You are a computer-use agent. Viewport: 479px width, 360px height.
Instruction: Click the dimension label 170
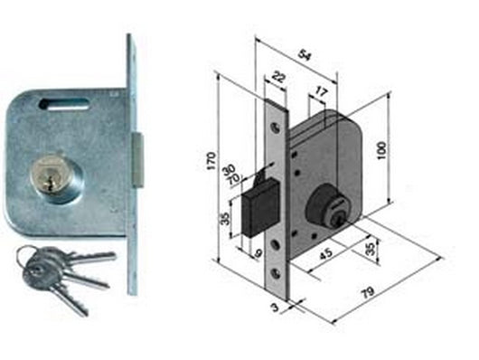pyautogui.click(x=211, y=160)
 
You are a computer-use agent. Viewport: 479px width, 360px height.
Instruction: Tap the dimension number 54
pyautogui.click(x=305, y=56)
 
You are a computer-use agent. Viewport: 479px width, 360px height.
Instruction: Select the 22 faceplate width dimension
pyautogui.click(x=277, y=77)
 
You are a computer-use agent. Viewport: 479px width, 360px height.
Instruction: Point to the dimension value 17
pyautogui.click(x=322, y=91)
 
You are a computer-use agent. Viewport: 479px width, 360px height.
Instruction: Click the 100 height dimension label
pyautogui.click(x=381, y=150)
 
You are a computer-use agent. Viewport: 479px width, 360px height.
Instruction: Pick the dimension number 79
pyautogui.click(x=368, y=292)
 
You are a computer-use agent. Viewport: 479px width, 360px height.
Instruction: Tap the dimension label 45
pyautogui.click(x=325, y=253)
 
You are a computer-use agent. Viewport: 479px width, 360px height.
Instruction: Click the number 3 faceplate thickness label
pyautogui.click(x=276, y=308)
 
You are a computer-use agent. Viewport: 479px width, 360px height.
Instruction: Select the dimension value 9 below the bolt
pyautogui.click(x=258, y=253)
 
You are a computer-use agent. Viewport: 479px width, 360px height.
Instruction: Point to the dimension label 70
pyautogui.click(x=234, y=178)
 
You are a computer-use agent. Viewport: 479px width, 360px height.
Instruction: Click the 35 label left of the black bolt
pyautogui.click(x=225, y=218)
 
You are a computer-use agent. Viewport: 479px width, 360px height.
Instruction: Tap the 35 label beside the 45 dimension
pyautogui.click(x=370, y=250)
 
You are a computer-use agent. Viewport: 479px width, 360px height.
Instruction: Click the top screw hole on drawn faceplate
pyautogui.click(x=277, y=128)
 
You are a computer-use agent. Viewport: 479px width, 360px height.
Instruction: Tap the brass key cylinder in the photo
pyautogui.click(x=49, y=175)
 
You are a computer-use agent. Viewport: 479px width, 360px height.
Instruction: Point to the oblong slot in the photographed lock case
pyautogui.click(x=64, y=103)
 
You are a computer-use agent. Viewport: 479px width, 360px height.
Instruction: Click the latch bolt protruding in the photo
pyautogui.click(x=137, y=160)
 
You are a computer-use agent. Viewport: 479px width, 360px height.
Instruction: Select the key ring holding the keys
pyautogui.click(x=25, y=257)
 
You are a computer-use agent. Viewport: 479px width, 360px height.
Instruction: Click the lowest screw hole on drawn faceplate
pyautogui.click(x=277, y=273)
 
